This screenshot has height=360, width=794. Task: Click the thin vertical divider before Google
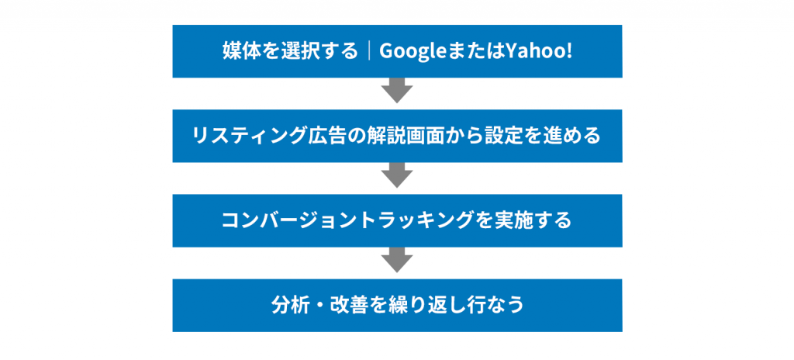[368, 51]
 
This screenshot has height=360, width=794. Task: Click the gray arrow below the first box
[397, 90]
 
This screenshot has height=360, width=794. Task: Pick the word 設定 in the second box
[485, 136]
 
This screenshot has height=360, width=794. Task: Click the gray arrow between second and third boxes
[397, 175]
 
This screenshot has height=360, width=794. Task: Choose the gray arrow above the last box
[397, 260]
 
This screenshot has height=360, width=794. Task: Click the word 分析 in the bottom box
[288, 305]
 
